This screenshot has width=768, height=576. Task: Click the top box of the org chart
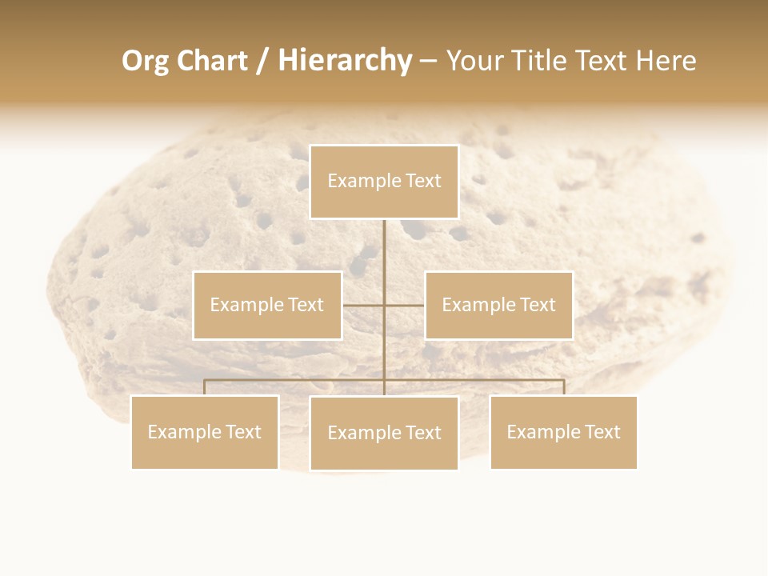384,182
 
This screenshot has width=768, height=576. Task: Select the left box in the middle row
267,305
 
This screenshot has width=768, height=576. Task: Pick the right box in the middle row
498,305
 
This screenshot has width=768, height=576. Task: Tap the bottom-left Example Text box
205,432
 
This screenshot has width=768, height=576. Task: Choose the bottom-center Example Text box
384,433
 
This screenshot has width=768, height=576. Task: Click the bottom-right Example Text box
563,432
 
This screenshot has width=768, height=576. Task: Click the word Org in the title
145,61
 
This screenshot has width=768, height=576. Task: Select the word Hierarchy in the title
345,61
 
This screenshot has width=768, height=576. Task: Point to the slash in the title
262,61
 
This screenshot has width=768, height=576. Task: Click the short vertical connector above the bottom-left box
205,387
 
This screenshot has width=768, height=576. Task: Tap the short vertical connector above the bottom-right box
563,387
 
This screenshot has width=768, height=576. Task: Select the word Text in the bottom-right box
602,432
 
